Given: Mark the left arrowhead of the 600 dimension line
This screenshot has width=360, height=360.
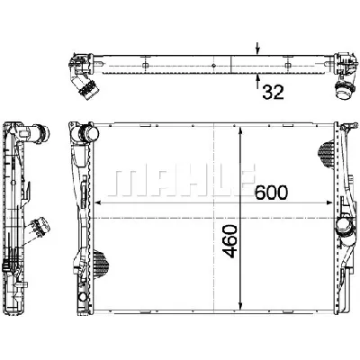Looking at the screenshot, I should click(x=98, y=216).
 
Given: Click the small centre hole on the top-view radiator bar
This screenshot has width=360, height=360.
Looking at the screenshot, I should click(x=211, y=64).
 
